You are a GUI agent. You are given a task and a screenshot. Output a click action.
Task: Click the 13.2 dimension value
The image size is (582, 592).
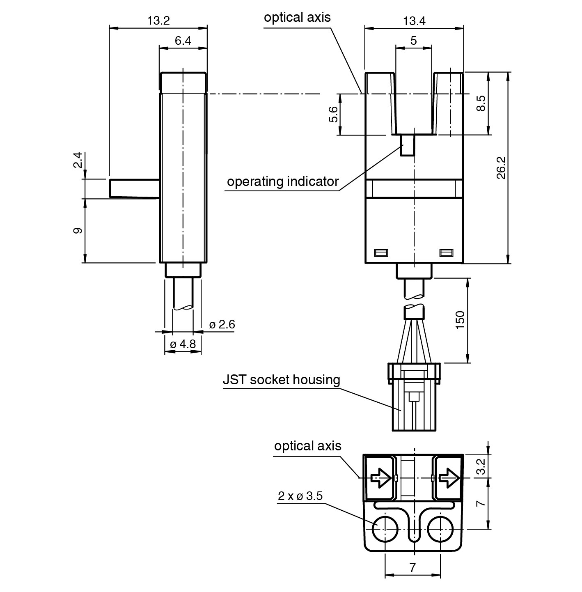[158, 21]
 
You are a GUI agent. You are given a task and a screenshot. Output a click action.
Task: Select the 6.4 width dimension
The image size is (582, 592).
[183, 41]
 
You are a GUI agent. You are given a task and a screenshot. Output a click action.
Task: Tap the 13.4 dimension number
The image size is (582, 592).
[414, 21]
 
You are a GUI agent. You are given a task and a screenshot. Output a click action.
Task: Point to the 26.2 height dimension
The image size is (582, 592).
[501, 168]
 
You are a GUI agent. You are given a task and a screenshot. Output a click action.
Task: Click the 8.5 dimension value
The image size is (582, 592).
[481, 103]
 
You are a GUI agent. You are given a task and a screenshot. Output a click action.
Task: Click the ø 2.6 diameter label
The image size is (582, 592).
[222, 325]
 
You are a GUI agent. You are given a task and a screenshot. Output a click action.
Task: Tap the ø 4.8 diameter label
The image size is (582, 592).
[183, 344]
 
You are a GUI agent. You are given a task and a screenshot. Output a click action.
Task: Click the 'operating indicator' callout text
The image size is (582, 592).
[283, 181]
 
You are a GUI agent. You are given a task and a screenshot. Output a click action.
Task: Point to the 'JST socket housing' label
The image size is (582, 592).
[282, 380]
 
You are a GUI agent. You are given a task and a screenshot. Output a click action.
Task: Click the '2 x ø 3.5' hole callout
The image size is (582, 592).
[300, 496]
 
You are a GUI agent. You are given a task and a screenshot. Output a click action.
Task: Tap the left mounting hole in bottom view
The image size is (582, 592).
[385, 529]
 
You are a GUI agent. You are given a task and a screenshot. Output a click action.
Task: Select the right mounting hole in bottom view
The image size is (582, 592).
[440, 529]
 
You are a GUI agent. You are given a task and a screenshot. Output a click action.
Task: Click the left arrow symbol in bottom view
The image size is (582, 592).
[380, 477]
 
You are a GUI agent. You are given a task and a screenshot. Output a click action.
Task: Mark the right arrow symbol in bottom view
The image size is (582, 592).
[449, 477]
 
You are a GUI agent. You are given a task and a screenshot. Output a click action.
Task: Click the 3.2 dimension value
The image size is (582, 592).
[481, 467]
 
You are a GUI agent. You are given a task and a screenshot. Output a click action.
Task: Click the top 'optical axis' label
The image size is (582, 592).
[297, 18]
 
